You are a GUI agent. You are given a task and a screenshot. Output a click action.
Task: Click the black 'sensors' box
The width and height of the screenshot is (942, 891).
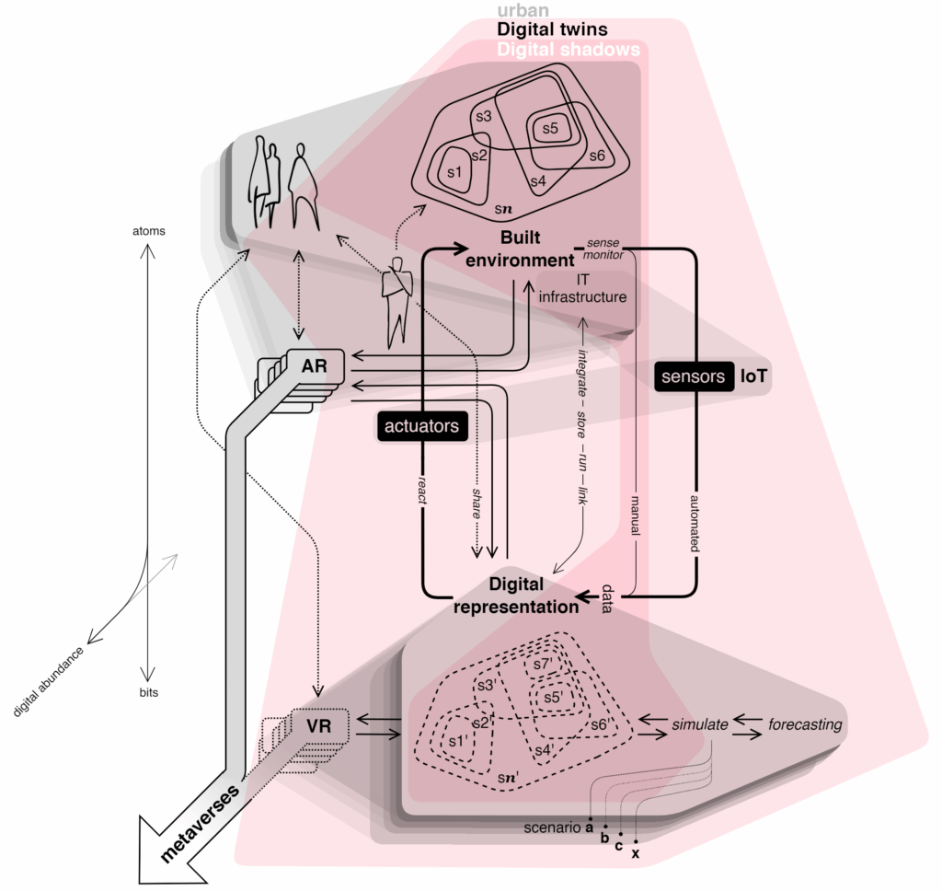pos(693,377)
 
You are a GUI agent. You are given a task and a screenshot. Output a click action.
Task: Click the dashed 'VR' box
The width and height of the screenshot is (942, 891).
pos(319,726)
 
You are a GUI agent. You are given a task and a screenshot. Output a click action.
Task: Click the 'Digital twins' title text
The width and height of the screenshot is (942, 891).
pos(552,30)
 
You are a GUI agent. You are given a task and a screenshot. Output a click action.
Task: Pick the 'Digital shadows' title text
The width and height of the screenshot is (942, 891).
pos(569,50)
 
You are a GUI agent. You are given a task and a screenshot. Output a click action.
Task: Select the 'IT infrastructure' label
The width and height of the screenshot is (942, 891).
pos(582,288)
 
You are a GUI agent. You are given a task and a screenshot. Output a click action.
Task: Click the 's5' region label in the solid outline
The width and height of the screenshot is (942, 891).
pos(549,129)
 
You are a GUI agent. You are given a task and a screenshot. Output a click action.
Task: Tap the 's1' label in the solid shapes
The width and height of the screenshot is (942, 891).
pos(453,172)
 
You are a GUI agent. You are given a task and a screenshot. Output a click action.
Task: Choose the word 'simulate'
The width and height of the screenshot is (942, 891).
pos(699,724)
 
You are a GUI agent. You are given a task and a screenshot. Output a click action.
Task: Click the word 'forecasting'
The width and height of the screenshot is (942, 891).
pos(805,724)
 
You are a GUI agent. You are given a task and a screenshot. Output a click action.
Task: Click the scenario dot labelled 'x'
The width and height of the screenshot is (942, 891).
pos(636,841)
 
